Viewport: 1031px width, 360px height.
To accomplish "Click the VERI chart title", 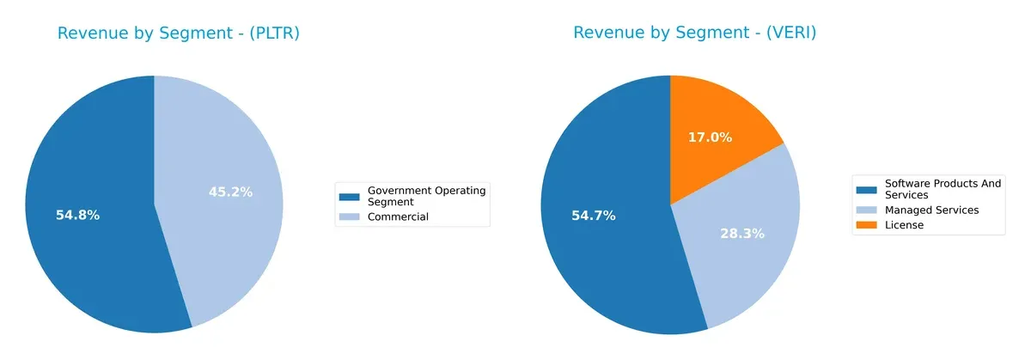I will [694, 34].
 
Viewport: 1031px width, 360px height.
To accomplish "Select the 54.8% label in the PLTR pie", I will [77, 215].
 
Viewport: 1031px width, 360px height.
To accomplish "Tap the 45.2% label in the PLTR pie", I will [230, 192].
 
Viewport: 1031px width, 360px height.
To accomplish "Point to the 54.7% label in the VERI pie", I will [593, 215].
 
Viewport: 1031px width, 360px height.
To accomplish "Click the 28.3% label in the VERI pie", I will [742, 233].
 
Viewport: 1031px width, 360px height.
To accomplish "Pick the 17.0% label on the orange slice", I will [710, 137].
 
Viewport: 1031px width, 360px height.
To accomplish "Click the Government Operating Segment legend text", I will [426, 195].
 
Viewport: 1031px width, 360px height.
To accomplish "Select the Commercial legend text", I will [398, 217].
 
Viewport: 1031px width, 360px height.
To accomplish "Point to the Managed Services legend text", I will [931, 210].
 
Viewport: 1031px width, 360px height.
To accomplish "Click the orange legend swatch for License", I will [867, 225].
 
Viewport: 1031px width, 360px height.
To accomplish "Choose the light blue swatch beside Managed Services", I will [867, 210].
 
